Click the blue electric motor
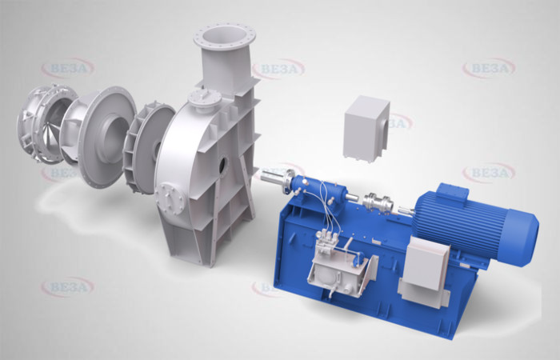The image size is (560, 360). (x=475, y=223)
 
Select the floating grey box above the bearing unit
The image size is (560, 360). (x=366, y=129)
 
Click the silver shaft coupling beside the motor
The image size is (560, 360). (x=378, y=204)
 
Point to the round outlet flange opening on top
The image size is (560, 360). (x=225, y=37)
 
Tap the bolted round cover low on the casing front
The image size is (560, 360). (x=170, y=198)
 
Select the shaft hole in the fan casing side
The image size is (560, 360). (x=222, y=165)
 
